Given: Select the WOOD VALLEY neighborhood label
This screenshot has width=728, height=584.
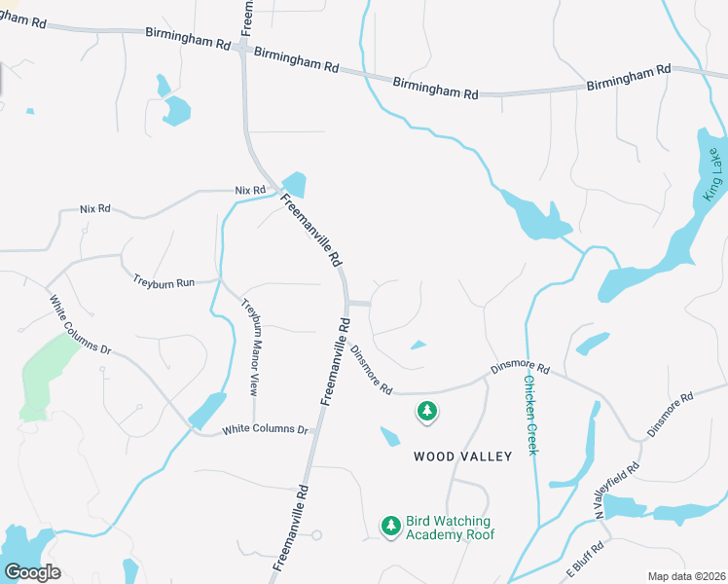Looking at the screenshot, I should coord(462,456).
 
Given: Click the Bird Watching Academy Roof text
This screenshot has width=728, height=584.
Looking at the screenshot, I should coord(450,529).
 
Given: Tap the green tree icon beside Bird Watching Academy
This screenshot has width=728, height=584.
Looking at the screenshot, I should coord(391,527).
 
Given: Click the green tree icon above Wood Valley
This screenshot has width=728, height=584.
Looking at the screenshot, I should coord(426,413).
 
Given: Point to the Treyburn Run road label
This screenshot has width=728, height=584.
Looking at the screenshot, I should coord(164,281).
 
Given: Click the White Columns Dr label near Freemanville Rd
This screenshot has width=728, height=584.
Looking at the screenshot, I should coord(265,429).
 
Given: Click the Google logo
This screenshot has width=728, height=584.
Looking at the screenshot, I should coord(32,571).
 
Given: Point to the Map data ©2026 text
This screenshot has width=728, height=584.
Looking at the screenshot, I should coord(685,576).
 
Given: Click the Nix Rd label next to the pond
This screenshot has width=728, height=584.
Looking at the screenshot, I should coord(250,190).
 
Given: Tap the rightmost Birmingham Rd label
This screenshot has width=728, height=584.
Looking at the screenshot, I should coord(629,78).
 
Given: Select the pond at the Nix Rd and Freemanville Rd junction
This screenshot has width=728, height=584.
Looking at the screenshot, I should coord(294,183).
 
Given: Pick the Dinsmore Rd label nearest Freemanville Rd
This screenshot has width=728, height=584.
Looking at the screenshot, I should coord(371,371).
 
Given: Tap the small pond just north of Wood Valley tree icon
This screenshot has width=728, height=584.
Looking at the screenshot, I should coord(418,344).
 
